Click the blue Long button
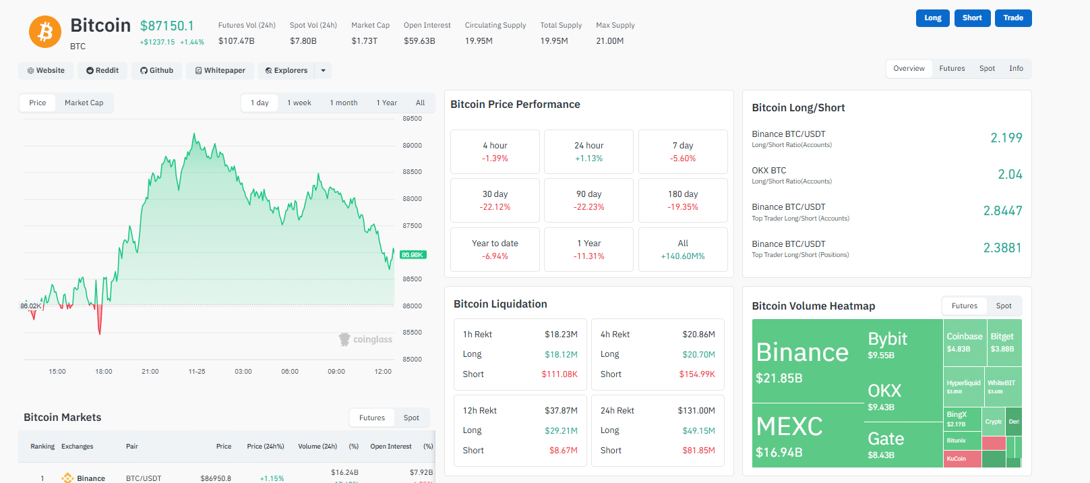pos(932,18)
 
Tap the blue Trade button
pos(1012,18)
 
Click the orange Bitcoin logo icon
pos(45,32)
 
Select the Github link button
pos(156,70)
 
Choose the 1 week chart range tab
pos(299,103)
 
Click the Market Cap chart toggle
pos(84,103)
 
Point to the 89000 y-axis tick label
pos(412,145)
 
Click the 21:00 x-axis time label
pos(150,372)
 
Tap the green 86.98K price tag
pos(413,255)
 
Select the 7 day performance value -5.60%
pos(683,159)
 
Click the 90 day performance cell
pos(588,200)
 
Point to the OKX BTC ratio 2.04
pos(1010,175)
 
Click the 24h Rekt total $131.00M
pos(696,411)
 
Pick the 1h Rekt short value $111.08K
pos(559,374)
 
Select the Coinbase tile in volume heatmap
pos(964,342)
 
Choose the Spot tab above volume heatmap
pos(1003,306)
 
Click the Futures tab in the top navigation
pos(952,69)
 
